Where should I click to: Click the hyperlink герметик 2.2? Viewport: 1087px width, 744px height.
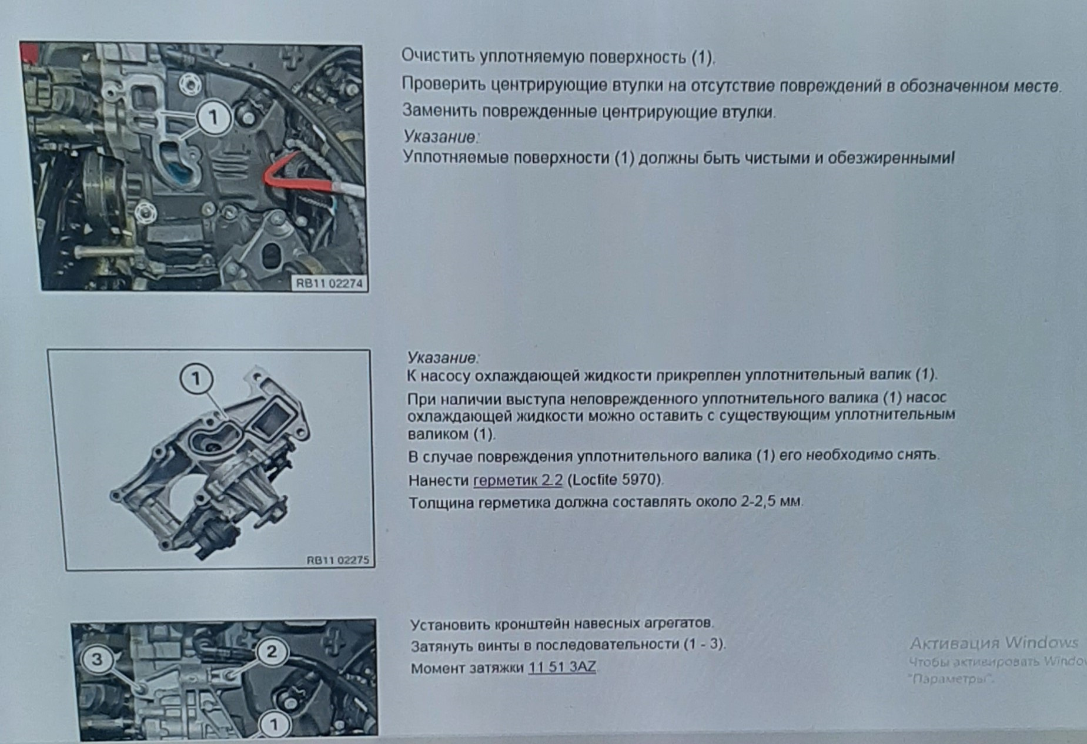[x=517, y=481]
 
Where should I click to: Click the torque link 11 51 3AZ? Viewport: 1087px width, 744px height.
[x=561, y=668]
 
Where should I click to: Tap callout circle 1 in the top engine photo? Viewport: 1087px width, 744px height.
[x=213, y=118]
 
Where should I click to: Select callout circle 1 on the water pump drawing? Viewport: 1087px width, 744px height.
[x=196, y=379]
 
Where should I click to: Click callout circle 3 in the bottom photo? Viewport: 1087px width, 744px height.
[x=98, y=659]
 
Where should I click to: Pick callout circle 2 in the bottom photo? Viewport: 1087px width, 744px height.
[x=271, y=651]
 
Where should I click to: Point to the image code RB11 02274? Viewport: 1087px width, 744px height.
[x=329, y=284]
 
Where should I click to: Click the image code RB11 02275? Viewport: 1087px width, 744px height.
[x=337, y=560]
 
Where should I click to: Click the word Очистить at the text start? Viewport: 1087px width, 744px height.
[x=438, y=57]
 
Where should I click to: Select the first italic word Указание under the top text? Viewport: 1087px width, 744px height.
[x=440, y=137]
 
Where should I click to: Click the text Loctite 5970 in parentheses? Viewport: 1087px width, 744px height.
[x=615, y=480]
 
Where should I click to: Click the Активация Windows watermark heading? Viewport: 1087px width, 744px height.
[x=994, y=642]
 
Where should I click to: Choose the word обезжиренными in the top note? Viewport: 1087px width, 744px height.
[x=890, y=158]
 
